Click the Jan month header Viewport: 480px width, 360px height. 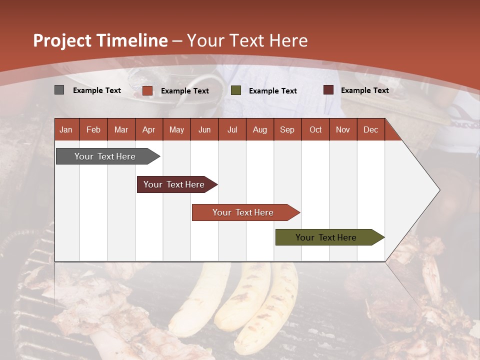coord(66,129)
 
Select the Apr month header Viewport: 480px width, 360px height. coord(148,129)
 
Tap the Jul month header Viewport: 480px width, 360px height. coord(232,129)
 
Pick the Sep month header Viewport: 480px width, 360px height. coord(287,129)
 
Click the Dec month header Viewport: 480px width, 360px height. coord(370,129)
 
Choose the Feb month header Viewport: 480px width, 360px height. coord(93,129)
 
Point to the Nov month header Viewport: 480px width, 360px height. coord(342,129)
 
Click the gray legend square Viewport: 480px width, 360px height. coord(59,90)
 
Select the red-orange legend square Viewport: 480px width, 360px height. coord(147,90)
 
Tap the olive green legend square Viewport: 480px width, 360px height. coord(236,90)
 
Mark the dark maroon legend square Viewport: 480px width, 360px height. coord(328,90)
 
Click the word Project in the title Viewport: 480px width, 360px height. coord(62,40)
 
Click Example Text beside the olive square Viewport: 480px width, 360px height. coord(272,91)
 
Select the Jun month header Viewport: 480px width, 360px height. coord(204,129)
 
